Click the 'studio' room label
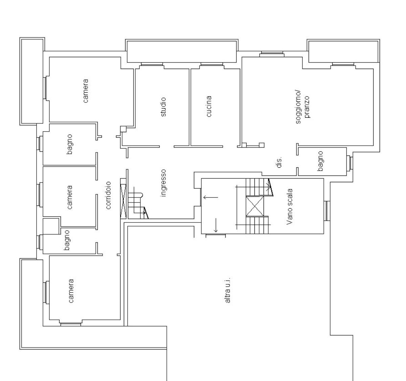click(x=163, y=107)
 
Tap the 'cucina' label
click(x=209, y=106)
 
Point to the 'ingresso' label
click(x=163, y=183)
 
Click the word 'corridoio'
click(x=108, y=195)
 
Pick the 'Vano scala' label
click(x=290, y=207)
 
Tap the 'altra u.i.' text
click(x=227, y=290)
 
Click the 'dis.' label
click(x=279, y=162)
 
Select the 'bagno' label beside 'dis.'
click(x=320, y=161)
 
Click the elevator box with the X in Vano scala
click(x=255, y=206)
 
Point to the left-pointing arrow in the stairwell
click(x=211, y=197)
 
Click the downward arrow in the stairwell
click(x=216, y=225)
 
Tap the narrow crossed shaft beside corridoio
click(x=123, y=201)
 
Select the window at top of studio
click(x=152, y=64)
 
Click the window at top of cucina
click(x=212, y=64)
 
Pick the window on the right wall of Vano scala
click(x=327, y=211)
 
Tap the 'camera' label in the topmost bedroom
click(x=86, y=91)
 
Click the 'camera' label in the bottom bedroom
click(x=71, y=291)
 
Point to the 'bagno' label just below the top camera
click(x=69, y=144)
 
